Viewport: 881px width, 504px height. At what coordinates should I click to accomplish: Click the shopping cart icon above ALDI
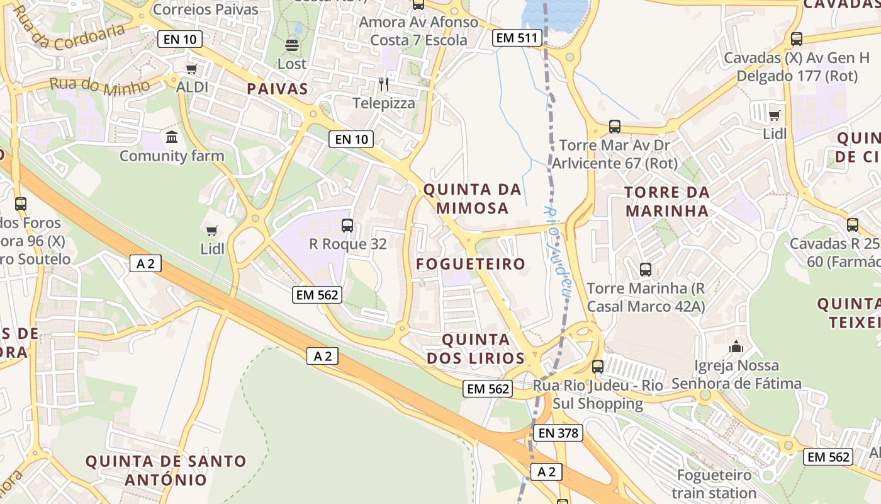191,69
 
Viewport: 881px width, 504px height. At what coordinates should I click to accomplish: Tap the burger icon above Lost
291,45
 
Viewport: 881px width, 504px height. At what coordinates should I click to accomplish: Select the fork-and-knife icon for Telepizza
383,84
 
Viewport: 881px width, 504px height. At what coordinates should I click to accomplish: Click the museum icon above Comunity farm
171,137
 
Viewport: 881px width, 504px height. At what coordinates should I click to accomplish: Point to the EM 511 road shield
517,38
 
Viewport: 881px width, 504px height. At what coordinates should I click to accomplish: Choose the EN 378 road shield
558,433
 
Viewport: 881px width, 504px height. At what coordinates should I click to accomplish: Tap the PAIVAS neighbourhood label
278,89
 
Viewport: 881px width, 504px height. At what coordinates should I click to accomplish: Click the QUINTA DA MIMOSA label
473,198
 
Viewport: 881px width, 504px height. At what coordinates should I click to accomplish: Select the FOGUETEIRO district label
471,264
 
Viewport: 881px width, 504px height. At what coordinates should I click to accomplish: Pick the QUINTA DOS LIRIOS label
475,349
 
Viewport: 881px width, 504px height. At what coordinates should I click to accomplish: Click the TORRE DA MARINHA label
667,201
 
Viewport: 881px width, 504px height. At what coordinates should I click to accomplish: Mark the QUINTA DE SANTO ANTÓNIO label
166,470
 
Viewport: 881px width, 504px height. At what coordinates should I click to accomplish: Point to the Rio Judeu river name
556,249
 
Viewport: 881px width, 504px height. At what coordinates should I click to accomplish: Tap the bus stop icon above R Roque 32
347,225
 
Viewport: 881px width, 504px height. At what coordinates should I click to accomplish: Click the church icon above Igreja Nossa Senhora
736,346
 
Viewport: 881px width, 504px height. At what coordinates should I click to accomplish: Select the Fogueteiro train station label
714,483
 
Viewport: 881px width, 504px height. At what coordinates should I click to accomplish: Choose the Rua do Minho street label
99,84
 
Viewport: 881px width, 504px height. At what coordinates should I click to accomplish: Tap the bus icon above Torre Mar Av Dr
615,127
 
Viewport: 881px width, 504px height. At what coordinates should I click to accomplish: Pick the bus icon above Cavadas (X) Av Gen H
797,39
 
